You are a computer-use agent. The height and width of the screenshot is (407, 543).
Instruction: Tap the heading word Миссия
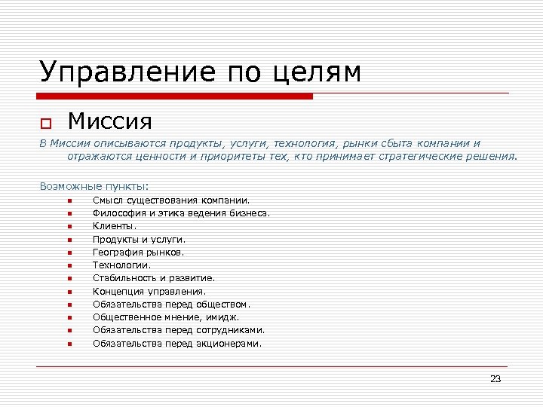(x=110, y=121)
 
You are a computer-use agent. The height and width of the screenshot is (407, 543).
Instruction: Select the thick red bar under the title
(x=175, y=96)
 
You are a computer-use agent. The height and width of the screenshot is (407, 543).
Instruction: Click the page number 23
(x=495, y=378)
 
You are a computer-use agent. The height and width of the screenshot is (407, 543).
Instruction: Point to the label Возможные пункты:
(x=94, y=185)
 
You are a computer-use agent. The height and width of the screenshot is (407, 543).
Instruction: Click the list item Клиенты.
(x=115, y=225)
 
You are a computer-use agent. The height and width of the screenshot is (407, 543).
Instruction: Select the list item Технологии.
(x=121, y=265)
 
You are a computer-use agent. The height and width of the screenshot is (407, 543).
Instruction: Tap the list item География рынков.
(x=138, y=252)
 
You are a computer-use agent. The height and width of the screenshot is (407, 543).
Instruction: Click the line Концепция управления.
(x=149, y=291)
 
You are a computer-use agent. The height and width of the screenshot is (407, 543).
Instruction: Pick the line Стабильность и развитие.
(x=154, y=277)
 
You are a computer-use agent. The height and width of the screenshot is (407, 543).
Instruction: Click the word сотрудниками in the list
(x=229, y=329)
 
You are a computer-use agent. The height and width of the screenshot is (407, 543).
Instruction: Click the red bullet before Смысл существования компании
(x=68, y=200)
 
